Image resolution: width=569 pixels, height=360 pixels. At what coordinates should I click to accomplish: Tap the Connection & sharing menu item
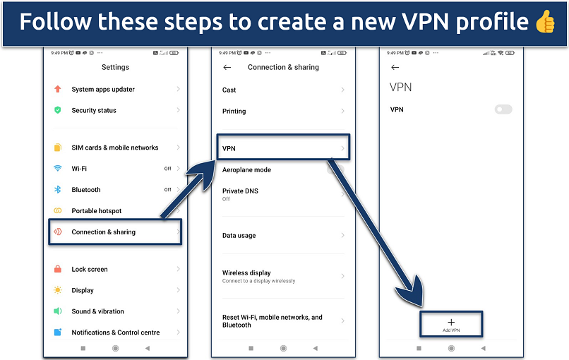(104, 232)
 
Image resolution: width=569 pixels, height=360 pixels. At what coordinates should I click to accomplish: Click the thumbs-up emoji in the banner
(544, 22)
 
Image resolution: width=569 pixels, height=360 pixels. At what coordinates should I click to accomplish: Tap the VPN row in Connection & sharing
(282, 149)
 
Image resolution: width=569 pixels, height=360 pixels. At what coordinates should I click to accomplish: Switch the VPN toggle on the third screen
(503, 109)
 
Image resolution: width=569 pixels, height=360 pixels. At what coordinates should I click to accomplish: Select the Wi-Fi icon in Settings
(58, 169)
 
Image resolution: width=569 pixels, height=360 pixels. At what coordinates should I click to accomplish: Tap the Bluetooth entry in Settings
(86, 190)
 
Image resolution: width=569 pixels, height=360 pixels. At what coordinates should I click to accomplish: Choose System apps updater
(103, 90)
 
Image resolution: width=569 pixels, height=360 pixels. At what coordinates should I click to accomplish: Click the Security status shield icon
(58, 111)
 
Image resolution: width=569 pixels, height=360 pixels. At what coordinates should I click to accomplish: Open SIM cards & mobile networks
(114, 148)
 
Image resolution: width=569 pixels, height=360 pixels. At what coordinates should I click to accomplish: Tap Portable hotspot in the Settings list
(97, 211)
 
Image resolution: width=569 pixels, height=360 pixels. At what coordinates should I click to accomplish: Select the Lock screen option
(90, 269)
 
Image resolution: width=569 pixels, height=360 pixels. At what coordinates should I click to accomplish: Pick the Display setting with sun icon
(83, 290)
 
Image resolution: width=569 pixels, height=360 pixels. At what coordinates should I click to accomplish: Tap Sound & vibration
(97, 311)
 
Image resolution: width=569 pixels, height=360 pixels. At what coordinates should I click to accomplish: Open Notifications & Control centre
(116, 332)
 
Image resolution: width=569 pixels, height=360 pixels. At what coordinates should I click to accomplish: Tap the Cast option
(229, 90)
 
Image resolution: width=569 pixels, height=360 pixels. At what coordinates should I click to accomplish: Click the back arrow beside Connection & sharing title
(227, 68)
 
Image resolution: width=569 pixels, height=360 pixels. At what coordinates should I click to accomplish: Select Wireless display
(246, 273)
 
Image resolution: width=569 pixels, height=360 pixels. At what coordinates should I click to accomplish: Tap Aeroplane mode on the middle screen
(246, 170)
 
